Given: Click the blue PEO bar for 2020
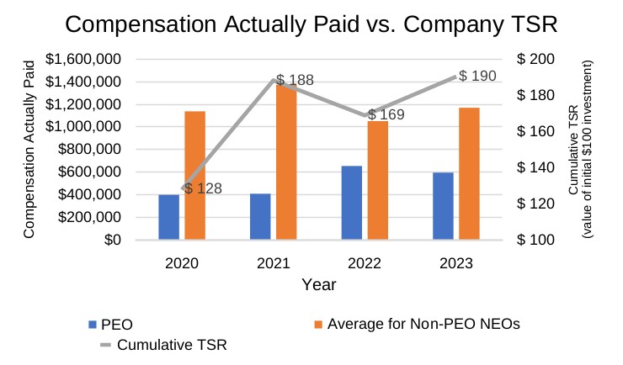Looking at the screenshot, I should point(168,217).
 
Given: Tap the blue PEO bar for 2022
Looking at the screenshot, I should point(351,203).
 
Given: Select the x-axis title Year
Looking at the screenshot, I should point(319,284).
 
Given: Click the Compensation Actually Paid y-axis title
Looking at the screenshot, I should point(29,148).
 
